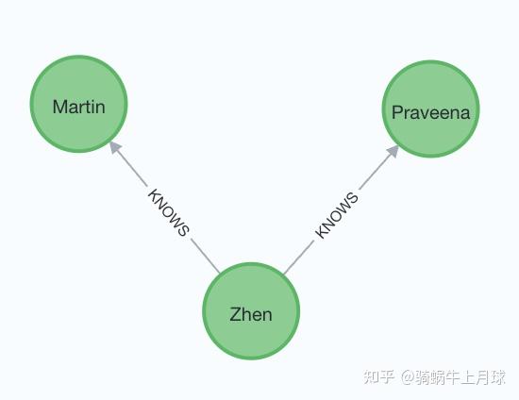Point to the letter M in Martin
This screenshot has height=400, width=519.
pos(59,107)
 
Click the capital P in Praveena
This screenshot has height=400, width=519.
pos(396,112)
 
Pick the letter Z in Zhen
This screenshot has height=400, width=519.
pos(235,314)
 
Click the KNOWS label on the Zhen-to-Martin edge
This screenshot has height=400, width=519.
pos(169,212)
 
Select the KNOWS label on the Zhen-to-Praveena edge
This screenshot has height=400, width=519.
pos(337,215)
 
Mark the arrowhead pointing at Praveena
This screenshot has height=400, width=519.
pos(393,151)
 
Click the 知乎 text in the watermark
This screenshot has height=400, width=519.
pos(378,376)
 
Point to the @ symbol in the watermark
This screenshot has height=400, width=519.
pos(408,376)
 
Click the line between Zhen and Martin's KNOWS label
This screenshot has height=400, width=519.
pos(206,256)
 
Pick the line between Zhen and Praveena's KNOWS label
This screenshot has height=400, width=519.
pos(299,258)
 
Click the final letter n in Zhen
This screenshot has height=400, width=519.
pos(266,315)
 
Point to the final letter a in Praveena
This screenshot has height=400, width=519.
pos(464,113)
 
